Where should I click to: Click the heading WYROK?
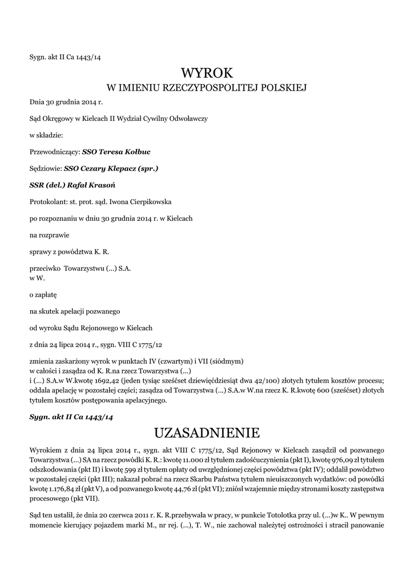[207, 73]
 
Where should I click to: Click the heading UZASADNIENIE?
[207, 432]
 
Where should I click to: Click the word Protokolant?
[48, 202]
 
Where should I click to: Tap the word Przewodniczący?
[54, 152]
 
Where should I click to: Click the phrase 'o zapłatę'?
[43, 295]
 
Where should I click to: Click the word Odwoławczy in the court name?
[188, 119]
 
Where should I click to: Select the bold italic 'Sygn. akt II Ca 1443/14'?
[71, 417]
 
